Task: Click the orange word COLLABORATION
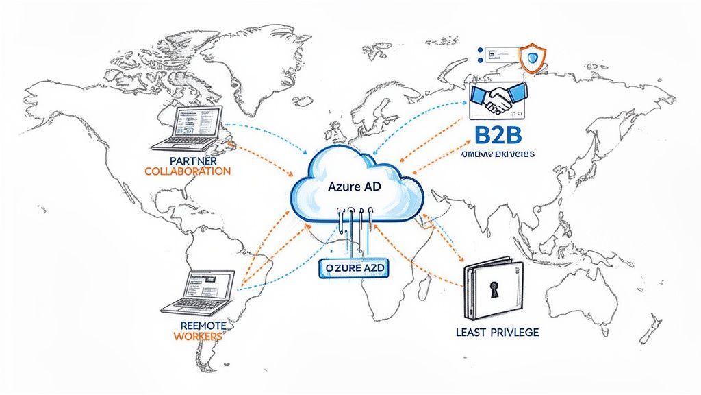pos(188,171)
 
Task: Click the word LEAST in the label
pos(471,332)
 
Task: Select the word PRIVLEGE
pos(514,332)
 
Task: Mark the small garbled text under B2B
pos(498,155)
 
